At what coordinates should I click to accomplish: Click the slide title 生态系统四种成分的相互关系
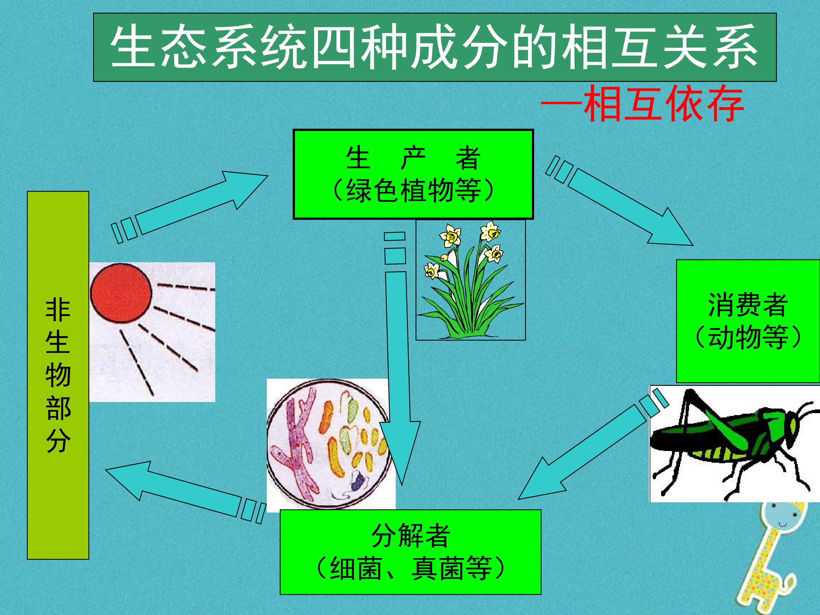434,47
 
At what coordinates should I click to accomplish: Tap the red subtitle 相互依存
664,104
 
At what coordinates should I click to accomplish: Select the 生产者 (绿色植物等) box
413,174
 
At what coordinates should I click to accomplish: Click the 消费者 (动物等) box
748,321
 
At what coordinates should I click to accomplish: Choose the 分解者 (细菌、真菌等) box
410,552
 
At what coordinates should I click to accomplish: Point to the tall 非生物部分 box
58,375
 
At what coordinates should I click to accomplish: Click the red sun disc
121,293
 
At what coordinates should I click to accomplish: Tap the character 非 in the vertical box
58,311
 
